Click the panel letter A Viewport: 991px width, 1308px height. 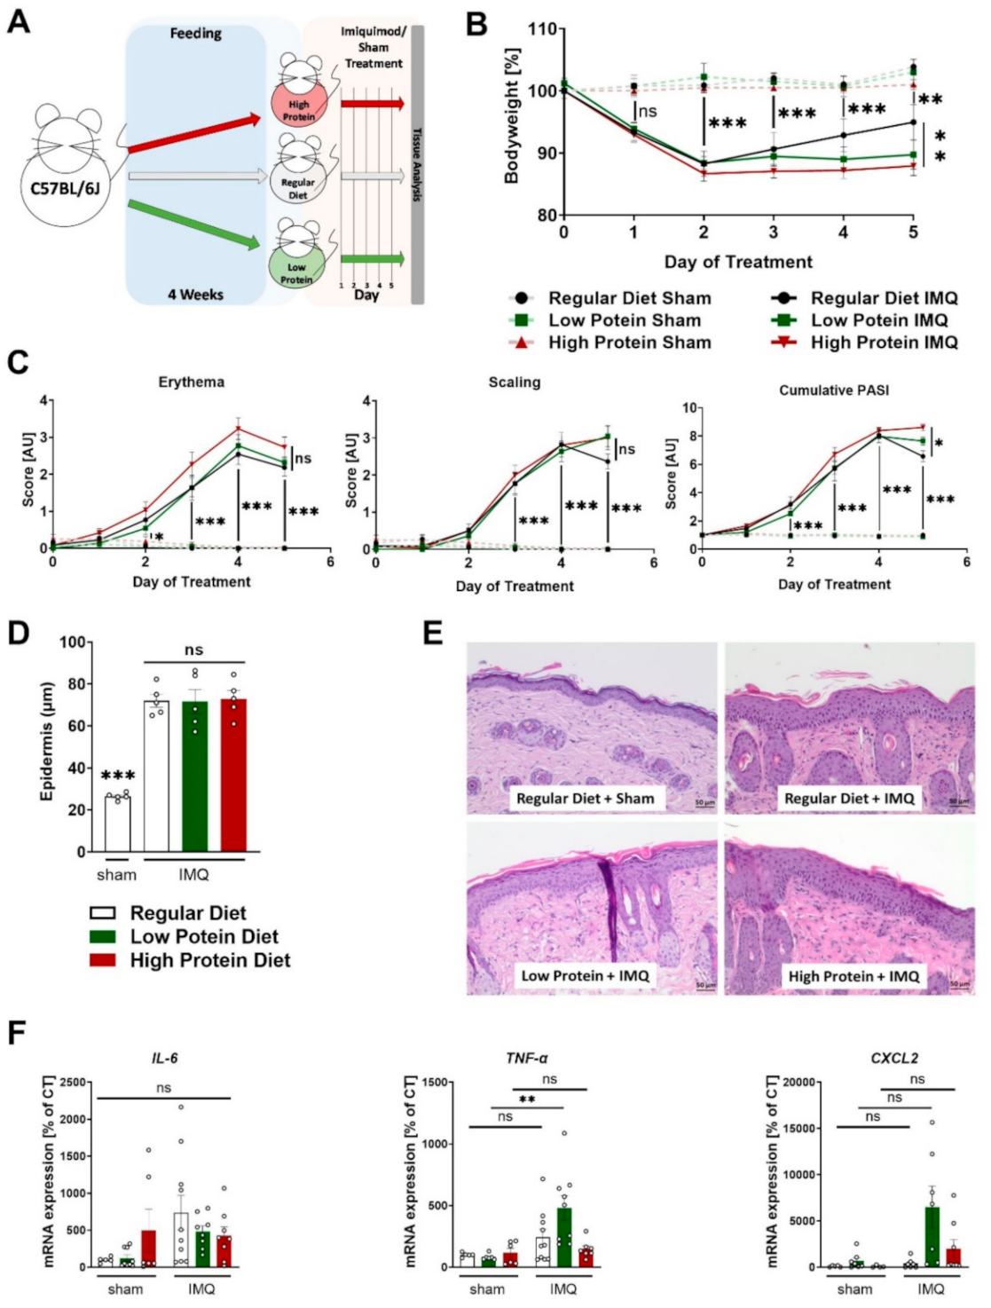coord(19,20)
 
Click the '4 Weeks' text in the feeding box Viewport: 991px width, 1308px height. coord(196,294)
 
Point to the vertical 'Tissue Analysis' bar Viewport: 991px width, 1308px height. coord(417,165)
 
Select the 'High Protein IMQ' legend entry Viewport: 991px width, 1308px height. coord(884,343)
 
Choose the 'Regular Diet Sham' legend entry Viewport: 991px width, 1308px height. coord(629,298)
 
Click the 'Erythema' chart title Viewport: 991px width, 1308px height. coord(191,382)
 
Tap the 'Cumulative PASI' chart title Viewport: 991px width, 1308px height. coord(834,390)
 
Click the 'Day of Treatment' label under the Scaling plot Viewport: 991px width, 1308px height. coord(515,586)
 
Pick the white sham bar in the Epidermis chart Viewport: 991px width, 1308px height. coord(117,824)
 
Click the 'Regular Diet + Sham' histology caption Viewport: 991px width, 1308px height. coord(585,798)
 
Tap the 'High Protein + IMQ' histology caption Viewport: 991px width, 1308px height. coord(853,976)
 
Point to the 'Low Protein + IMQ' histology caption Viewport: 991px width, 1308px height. coord(585,975)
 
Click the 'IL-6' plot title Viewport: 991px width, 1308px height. coord(165,1058)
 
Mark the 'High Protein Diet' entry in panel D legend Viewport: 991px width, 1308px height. coord(209,960)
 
